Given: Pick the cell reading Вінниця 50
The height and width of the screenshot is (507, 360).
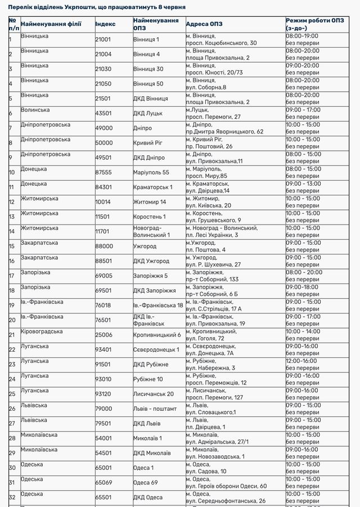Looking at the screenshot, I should coord(148,83).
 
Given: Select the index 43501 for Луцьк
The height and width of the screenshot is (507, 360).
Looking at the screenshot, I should coord(103,113).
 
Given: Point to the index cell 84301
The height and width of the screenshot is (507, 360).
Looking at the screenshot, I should coord(103,187).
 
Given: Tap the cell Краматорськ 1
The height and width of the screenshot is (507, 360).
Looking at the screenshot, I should coord(153,187).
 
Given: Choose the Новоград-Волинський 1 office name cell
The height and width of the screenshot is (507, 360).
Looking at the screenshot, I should coord(151,231).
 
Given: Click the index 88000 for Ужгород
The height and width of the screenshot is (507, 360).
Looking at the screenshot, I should coord(103,246).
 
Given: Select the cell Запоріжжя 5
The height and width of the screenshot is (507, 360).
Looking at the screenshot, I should coord(150,276).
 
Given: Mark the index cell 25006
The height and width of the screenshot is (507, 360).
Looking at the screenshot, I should coord(103,335).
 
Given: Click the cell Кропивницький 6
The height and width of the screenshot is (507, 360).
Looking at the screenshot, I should coord(157,335).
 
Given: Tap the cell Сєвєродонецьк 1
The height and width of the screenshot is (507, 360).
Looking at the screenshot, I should coord(156,349).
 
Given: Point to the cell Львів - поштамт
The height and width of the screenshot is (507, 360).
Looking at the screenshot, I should coord(155,409).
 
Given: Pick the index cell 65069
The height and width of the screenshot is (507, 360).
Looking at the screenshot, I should coord(103,482).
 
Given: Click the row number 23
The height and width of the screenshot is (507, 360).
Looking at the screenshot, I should coord(12,364).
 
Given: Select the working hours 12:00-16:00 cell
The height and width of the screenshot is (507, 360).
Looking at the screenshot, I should coord(301,361).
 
